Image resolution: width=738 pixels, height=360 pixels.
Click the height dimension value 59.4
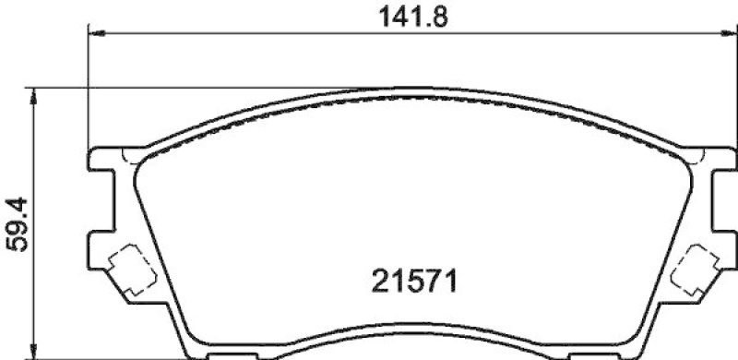(x=16, y=223)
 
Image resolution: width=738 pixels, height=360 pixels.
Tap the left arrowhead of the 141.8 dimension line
(x=95, y=34)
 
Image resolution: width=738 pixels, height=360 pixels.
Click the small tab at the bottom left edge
(x=227, y=355)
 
